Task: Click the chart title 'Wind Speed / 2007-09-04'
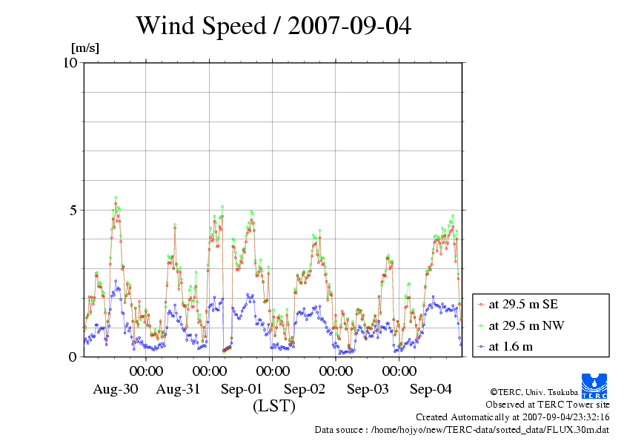point(274,26)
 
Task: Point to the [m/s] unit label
point(84,48)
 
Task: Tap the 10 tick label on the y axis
point(70,62)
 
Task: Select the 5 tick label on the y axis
point(73,210)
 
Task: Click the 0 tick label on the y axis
point(73,357)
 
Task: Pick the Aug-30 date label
point(115,389)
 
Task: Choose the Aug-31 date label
point(179,389)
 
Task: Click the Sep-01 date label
point(242,389)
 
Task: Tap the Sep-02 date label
point(305,389)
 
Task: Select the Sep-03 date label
point(368,389)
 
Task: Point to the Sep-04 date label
point(431,389)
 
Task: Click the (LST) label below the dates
point(274,406)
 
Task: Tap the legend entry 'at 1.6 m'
point(511,345)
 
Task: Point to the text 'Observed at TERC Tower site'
point(547,405)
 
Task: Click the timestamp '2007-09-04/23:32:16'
point(565,417)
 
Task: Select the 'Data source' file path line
point(462,429)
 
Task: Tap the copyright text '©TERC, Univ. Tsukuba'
point(534,392)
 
